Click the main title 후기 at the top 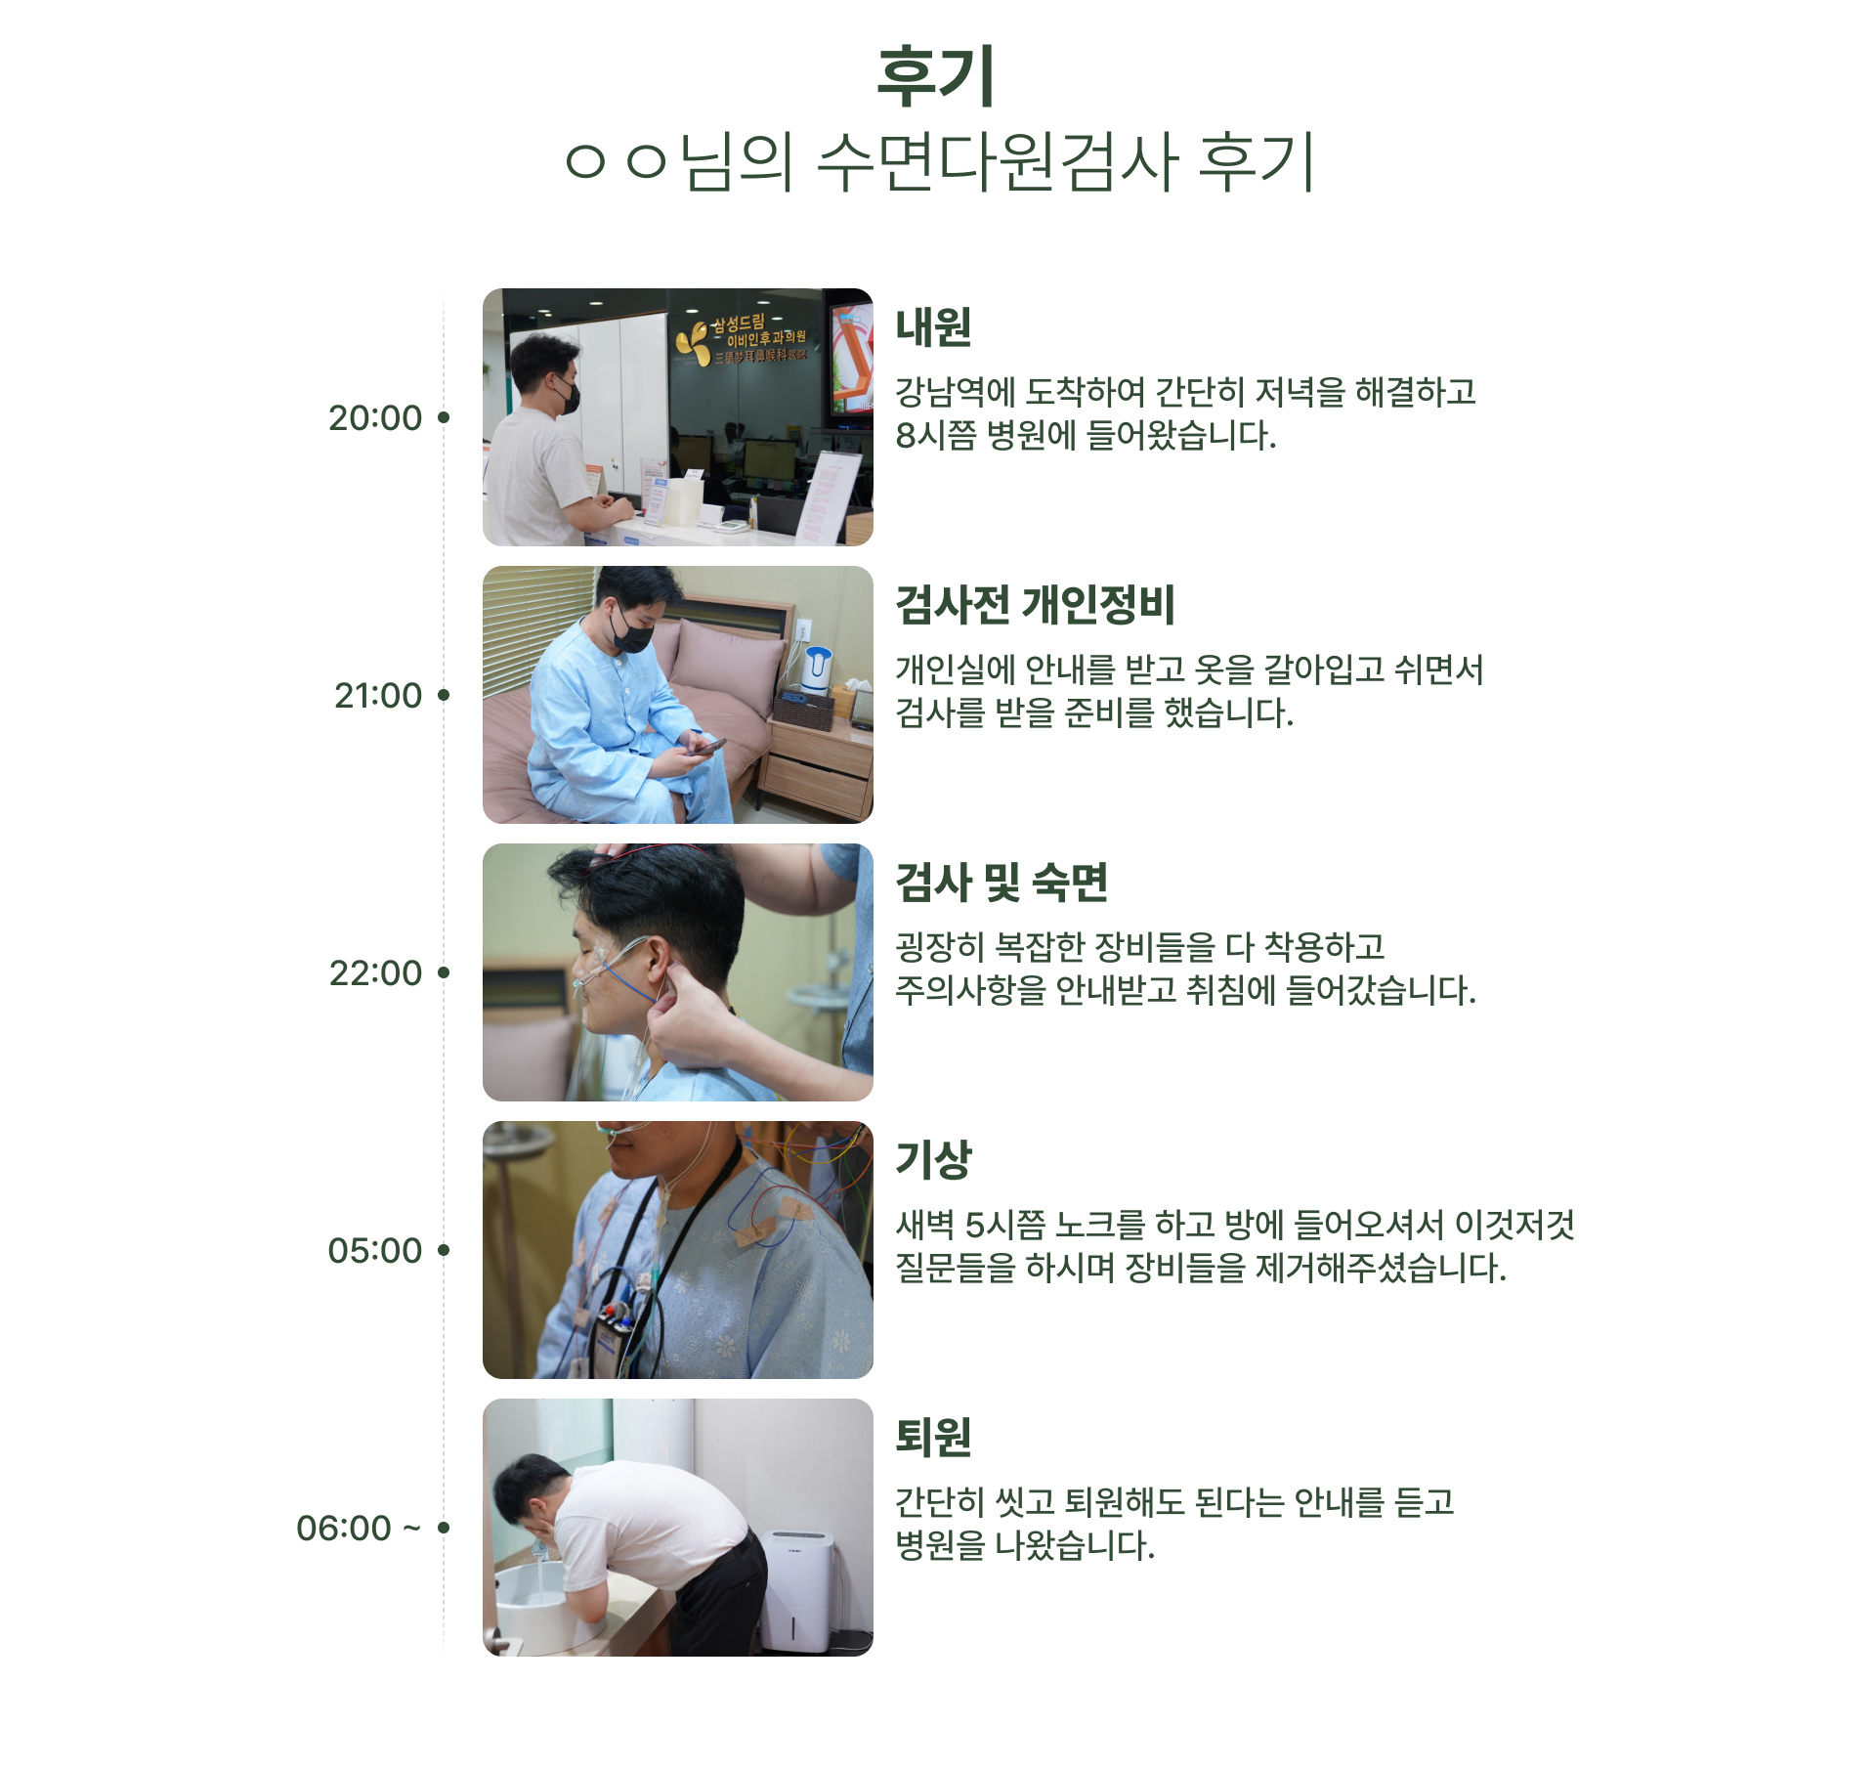coord(935,76)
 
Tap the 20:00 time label coord(375,418)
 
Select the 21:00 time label coord(378,696)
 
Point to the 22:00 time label coord(375,973)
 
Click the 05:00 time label coord(375,1251)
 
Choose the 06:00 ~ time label coord(359,1529)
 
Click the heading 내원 coord(933,327)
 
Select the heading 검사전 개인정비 coord(1035,605)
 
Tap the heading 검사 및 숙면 coord(1002,883)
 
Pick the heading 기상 coord(933,1160)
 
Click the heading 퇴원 coord(933,1438)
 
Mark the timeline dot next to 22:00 coord(444,972)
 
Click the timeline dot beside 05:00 coord(444,1250)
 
